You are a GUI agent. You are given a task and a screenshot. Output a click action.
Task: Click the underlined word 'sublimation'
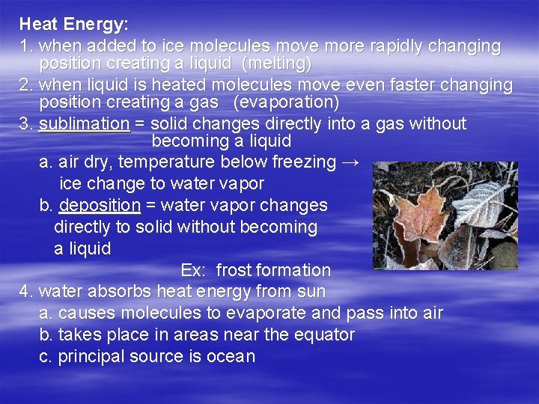coord(84,123)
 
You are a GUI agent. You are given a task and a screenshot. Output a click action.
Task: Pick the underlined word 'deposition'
coord(100,205)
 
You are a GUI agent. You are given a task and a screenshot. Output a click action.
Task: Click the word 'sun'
coord(312,291)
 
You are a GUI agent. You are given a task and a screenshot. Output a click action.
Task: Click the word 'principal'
coord(91,356)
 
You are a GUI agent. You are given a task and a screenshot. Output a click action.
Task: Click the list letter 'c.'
coord(46,356)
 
